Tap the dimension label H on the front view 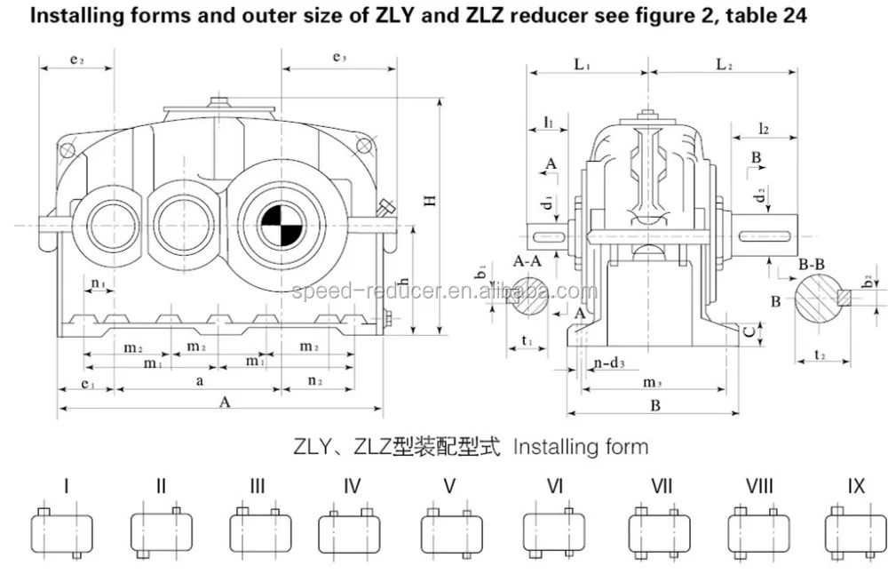tap(429, 201)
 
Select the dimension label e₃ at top tap(338, 58)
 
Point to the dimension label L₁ tap(583, 65)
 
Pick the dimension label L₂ tap(724, 65)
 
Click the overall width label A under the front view tap(225, 402)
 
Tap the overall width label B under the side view tap(654, 406)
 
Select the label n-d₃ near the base tap(608, 363)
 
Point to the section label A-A tap(527, 261)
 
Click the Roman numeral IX tap(855, 486)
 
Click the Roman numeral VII tap(661, 486)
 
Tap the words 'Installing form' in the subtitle tap(581, 446)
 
